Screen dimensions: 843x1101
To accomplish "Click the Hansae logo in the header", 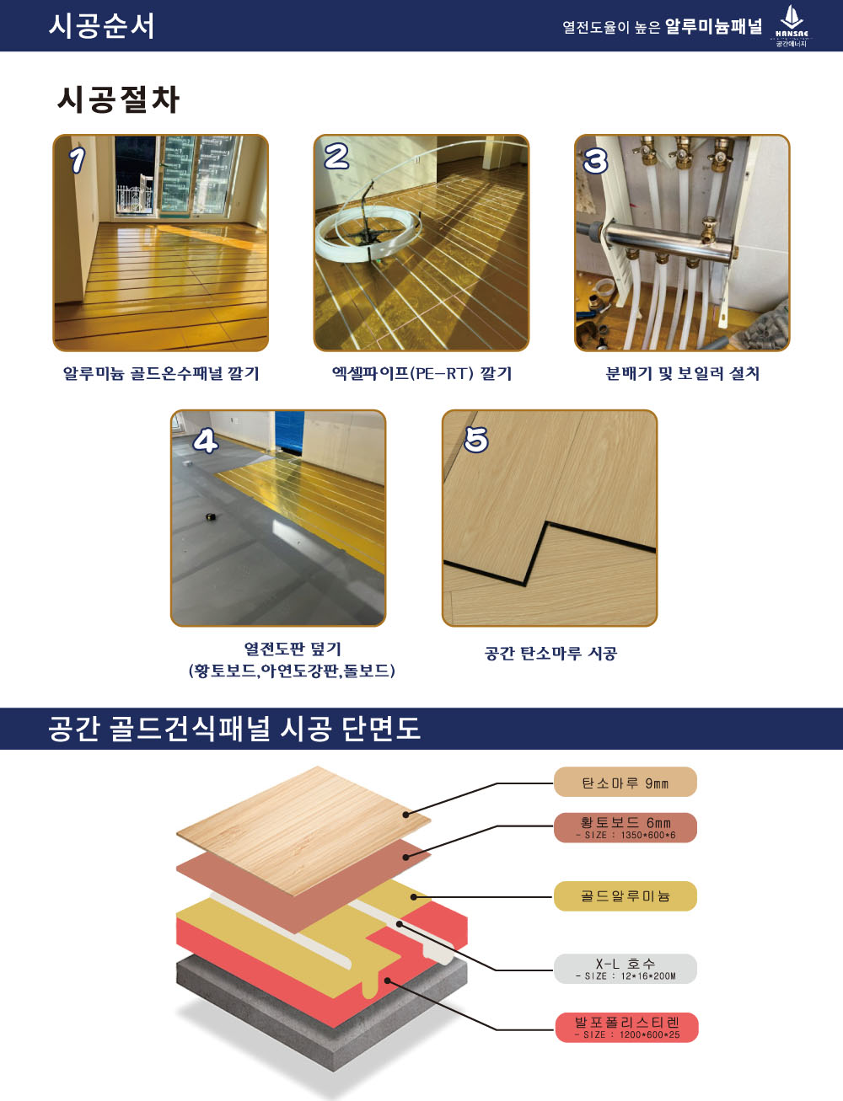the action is tap(792, 26).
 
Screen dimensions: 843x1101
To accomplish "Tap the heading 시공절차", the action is tap(118, 99).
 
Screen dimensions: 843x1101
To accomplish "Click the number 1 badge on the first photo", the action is tap(78, 161).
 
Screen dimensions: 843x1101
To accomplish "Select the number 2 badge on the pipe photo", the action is tap(336, 157).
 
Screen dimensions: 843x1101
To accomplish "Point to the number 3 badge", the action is tap(596, 161).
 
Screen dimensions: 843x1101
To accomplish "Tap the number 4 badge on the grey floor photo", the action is tap(206, 441).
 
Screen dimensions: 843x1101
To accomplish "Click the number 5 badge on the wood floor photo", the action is tap(475, 440).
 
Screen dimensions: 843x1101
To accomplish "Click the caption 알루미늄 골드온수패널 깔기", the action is tap(161, 374).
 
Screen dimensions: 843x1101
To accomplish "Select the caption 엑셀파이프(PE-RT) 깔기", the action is tap(421, 374).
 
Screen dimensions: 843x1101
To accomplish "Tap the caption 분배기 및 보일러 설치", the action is tap(683, 374).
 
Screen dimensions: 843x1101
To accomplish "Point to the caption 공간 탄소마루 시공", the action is tap(550, 653).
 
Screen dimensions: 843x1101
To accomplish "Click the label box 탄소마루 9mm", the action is tap(626, 782).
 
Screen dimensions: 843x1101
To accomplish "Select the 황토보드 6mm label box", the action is tap(626, 827).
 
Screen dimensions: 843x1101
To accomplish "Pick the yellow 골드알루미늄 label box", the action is tap(626, 895).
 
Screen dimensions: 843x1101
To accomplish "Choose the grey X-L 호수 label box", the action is tap(626, 969).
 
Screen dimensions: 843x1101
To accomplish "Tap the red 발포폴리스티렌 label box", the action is tap(626, 1027).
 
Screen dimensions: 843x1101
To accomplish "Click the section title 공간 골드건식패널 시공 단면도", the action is tap(234, 729).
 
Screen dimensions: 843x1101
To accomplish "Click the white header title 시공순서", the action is tap(101, 26).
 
